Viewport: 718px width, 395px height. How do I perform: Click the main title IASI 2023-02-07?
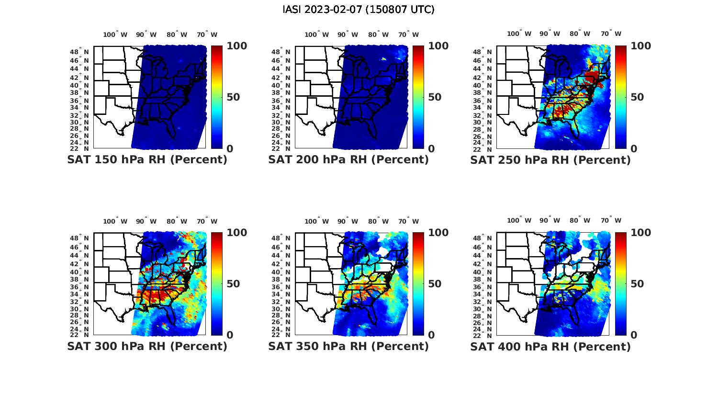[x=359, y=10]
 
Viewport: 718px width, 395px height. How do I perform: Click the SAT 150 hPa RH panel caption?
[x=147, y=160]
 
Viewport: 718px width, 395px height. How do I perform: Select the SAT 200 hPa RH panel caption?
[x=348, y=160]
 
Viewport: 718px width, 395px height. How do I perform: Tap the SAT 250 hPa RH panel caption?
[x=550, y=160]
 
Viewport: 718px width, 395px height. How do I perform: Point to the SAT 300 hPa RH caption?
[x=147, y=346]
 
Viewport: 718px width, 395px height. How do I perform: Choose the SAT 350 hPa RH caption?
[x=348, y=346]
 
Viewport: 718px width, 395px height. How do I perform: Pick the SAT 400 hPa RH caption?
[x=550, y=346]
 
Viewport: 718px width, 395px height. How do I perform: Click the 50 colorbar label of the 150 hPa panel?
[x=233, y=97]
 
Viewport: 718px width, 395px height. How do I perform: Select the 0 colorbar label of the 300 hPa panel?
[x=230, y=335]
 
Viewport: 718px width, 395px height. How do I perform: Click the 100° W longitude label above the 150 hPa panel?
[x=115, y=34]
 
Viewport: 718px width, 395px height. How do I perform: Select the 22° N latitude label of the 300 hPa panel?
[x=83, y=335]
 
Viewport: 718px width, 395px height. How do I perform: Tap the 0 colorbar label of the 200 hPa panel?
[x=431, y=149]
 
